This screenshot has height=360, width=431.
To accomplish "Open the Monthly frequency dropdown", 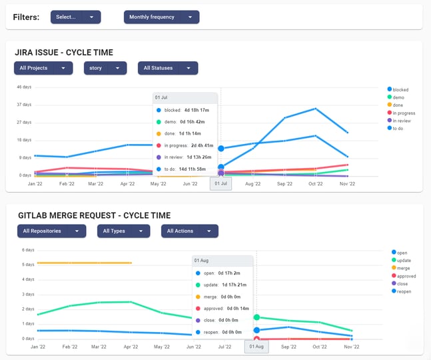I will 161,17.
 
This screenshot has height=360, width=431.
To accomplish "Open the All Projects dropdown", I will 43,68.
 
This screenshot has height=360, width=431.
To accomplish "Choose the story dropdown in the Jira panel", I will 105,68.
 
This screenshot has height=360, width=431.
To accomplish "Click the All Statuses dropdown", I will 168,68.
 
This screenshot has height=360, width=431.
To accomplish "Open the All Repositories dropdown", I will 51,231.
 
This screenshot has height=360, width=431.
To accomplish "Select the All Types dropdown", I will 123,231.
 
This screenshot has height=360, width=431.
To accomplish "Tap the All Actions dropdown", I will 189,231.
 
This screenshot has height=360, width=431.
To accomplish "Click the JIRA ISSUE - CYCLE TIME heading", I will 64,52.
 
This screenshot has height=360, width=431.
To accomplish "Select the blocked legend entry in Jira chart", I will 400,89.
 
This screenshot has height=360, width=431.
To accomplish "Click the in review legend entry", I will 402,121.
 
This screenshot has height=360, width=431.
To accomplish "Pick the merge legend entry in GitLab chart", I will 402,268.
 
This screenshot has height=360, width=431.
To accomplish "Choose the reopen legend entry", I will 402,291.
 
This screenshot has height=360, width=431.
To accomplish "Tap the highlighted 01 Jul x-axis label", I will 220,183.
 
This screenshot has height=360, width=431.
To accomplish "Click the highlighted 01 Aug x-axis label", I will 256,347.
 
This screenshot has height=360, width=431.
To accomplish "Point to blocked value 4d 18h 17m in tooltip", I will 197,110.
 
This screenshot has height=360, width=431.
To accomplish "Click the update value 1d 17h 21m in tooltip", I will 232,285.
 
